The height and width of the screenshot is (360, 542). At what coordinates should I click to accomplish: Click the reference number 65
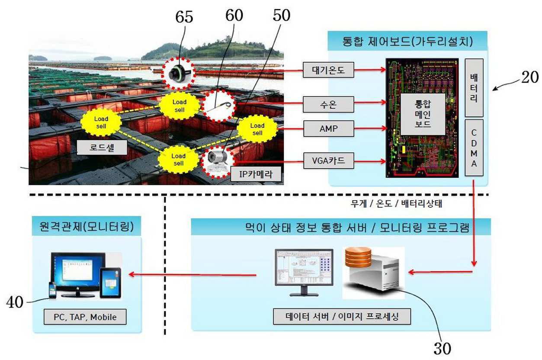tap(184, 17)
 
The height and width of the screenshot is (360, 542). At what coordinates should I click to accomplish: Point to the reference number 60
tap(234, 16)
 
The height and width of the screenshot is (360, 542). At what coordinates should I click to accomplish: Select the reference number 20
tap(529, 77)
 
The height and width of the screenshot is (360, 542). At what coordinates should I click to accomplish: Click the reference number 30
tap(442, 349)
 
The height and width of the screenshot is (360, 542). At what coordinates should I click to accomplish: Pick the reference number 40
tap(15, 302)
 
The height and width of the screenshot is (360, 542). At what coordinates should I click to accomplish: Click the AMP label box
tap(329, 129)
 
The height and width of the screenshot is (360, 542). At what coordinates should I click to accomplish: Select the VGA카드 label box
tap(329, 161)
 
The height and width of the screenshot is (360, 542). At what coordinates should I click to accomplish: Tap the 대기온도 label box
tap(328, 70)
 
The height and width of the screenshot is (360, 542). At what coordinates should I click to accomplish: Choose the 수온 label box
tap(328, 104)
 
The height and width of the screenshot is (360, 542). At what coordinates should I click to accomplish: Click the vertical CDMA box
tap(474, 148)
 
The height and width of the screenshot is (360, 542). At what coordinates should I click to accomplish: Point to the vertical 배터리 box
tap(474, 88)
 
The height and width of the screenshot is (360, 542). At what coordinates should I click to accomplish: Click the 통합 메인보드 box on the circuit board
tap(423, 114)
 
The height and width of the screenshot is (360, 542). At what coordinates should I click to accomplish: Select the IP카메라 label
tap(256, 174)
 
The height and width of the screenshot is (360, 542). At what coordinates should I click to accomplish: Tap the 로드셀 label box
tap(102, 147)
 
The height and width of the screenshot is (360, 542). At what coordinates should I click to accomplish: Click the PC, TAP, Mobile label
tap(85, 317)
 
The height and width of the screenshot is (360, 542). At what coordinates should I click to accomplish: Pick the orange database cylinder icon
tap(358, 257)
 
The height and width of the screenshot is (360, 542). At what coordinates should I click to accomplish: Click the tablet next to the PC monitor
tap(110, 283)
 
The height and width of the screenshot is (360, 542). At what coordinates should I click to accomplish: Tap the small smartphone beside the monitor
tap(52, 290)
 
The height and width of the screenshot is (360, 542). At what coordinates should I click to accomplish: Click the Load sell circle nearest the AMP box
tap(257, 129)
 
